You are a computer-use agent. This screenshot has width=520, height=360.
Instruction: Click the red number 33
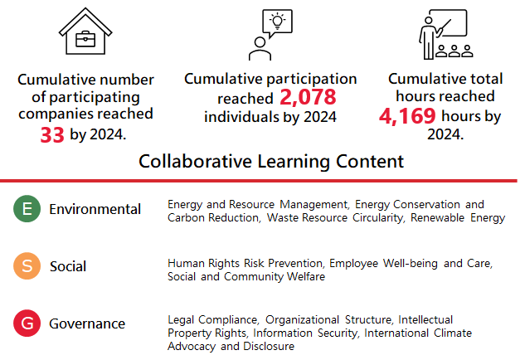[52, 135]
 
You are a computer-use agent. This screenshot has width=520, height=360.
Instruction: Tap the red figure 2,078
[308, 98]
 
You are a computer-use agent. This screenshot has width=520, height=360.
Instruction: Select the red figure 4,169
[407, 116]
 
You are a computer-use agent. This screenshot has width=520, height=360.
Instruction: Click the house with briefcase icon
[85, 32]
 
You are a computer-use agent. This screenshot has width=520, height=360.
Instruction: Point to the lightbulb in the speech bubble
[278, 21]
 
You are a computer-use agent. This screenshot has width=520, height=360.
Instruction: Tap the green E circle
[27, 209]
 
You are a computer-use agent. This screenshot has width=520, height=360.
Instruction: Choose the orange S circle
[27, 265]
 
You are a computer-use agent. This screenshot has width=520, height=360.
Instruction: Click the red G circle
[27, 324]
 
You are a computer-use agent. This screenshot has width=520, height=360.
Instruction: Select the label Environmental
[95, 209]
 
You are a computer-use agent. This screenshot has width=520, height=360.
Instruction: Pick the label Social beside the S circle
[68, 266]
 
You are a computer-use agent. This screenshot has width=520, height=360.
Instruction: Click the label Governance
[87, 324]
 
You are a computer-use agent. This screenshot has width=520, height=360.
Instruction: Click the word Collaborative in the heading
[196, 162]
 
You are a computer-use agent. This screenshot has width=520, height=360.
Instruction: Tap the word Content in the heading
[370, 162]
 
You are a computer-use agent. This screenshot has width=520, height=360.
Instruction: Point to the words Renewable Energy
[458, 218]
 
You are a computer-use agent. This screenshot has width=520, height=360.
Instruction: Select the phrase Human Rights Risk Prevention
[245, 264]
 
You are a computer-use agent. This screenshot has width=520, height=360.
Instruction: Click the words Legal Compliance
[212, 320]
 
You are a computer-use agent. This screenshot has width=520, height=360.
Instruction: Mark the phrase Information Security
[305, 333]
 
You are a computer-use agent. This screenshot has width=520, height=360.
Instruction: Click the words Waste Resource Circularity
[335, 218]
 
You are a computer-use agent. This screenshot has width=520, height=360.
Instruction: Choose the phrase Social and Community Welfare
[246, 277]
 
